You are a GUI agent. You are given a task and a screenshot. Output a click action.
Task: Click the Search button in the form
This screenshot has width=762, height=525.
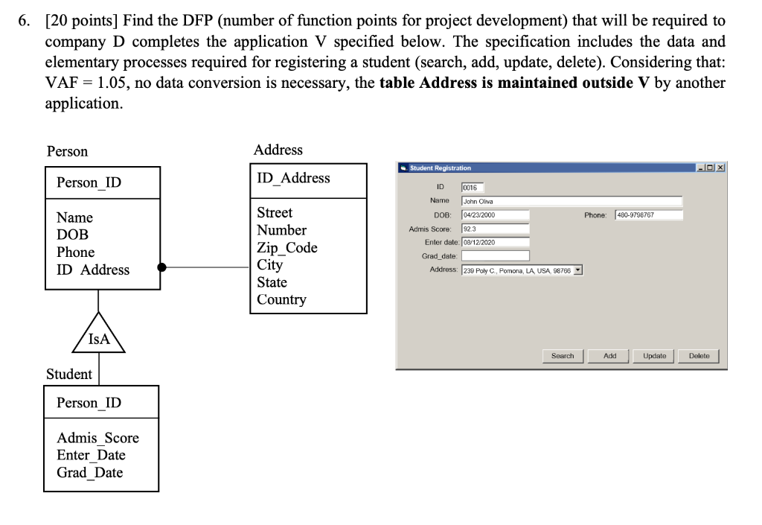[x=563, y=356]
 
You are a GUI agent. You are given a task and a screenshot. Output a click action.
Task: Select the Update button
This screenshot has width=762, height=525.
[x=655, y=356]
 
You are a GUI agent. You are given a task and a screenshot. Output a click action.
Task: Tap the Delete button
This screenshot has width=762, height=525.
[x=699, y=356]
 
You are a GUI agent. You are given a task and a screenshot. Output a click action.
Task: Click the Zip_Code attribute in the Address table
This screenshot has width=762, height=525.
[x=286, y=248]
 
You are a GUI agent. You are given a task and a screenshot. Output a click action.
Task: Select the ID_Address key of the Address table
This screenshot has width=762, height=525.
[x=293, y=178]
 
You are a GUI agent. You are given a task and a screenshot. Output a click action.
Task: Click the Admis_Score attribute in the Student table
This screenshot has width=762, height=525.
[x=97, y=438]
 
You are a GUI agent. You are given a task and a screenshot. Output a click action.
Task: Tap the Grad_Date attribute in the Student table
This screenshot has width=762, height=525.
[x=90, y=472]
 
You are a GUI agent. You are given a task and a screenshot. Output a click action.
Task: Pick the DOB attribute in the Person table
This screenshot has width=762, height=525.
[x=72, y=235]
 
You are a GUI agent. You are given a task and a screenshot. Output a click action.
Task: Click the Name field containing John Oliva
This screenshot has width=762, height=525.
[x=571, y=201]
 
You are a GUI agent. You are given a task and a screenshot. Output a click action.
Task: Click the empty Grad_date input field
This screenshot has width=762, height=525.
[x=495, y=256]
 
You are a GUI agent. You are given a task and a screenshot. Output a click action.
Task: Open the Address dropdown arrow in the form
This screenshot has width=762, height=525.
[x=578, y=270]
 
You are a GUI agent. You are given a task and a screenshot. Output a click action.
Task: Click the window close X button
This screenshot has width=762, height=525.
[x=721, y=168]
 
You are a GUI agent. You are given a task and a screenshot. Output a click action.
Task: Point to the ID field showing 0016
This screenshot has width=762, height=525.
[x=473, y=188]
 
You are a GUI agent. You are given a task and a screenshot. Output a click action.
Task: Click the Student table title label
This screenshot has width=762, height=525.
[x=69, y=374]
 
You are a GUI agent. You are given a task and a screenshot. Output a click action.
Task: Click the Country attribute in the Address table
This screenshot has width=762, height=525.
[x=281, y=299]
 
